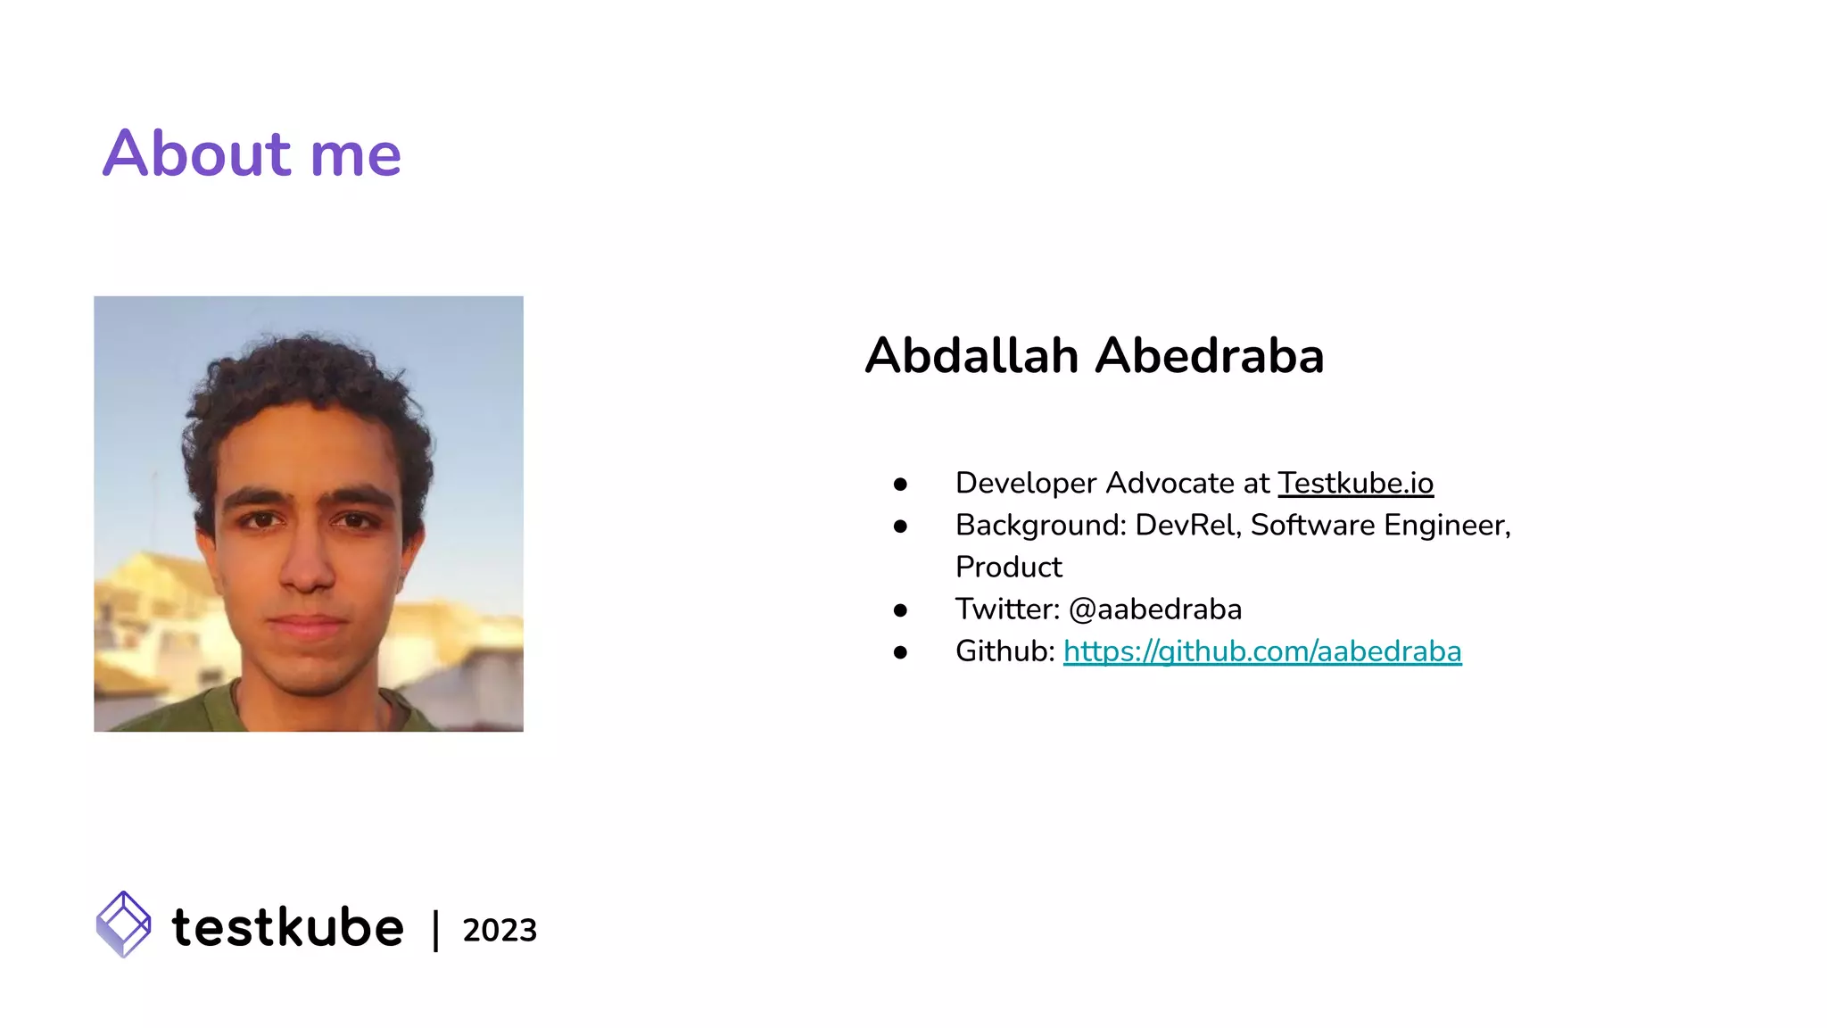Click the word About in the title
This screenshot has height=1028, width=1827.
(197, 153)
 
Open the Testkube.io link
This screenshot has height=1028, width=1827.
(1355, 483)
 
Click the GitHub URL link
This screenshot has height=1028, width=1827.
(1261, 651)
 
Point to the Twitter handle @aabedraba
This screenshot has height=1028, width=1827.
(1154, 609)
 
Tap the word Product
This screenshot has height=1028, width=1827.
(1008, 567)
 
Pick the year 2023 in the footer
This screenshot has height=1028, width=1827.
(500, 930)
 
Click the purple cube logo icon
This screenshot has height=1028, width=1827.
(123, 924)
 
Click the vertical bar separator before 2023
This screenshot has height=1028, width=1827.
(435, 930)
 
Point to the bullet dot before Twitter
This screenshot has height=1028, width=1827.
(900, 610)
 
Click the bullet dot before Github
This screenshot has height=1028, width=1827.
(900, 652)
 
